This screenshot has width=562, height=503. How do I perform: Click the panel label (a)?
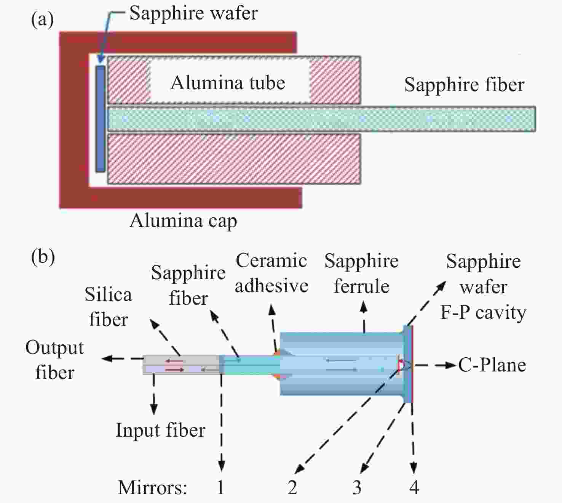42,21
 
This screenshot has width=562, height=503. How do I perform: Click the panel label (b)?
43,257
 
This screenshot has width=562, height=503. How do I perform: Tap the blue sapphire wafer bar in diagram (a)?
101,119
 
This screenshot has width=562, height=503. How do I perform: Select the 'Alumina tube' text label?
228,83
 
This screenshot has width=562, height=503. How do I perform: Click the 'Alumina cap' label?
184,221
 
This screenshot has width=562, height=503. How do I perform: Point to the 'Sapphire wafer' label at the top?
194,13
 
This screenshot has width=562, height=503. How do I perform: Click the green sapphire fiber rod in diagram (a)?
321,119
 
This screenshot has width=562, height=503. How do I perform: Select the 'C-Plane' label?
492,365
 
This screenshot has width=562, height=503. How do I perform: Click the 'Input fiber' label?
160,431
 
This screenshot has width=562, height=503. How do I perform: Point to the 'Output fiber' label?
55,360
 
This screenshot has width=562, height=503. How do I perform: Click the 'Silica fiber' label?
108,307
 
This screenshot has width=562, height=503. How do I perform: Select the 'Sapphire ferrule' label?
361,274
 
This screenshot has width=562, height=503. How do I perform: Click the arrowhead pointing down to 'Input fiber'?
154,410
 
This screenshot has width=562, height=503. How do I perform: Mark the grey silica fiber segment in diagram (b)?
181,365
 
